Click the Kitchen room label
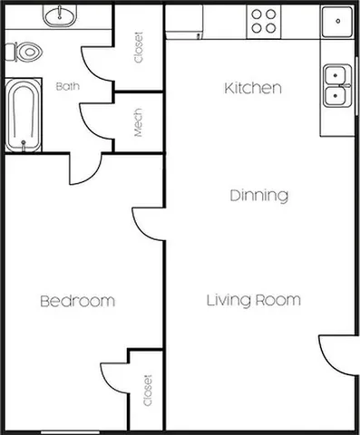coord(253,89)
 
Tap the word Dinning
coord(258,195)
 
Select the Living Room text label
coord(253,300)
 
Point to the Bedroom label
coord(77,301)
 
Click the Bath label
coord(67,87)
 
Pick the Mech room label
coord(139,124)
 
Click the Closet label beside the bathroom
coord(139,48)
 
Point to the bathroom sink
coord(62,14)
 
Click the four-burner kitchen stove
coord(264,21)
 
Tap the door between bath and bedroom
coord(84,169)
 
